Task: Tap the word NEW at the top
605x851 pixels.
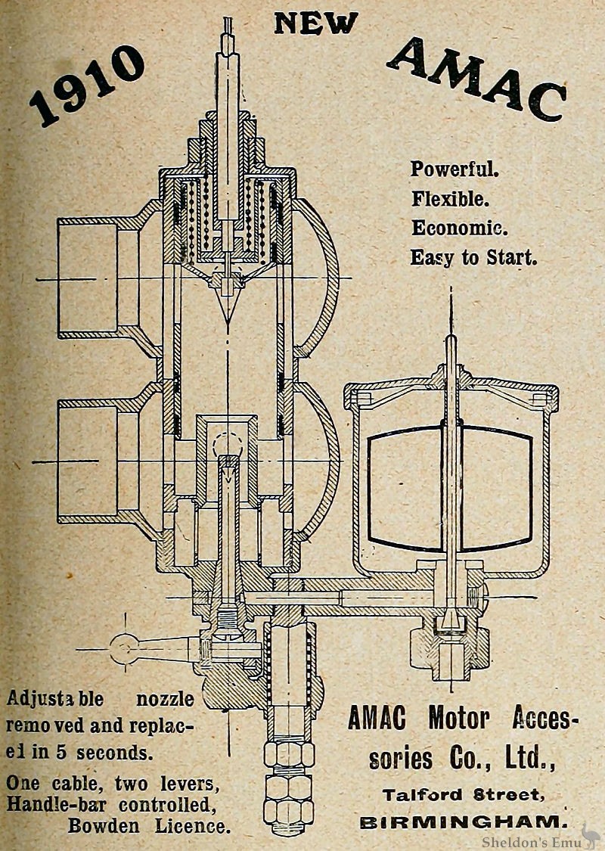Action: pos(316,23)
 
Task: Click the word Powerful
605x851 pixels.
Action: pos(455,169)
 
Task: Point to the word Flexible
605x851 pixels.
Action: pos(451,199)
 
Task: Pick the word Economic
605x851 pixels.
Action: pos(459,228)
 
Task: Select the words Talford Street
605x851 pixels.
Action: pos(462,794)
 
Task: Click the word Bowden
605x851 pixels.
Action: pos(103,825)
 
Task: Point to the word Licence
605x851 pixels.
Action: pos(194,825)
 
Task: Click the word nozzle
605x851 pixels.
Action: pos(164,698)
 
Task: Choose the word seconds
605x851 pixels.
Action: pos(114,753)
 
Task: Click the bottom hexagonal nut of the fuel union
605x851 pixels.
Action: pos(288,809)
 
